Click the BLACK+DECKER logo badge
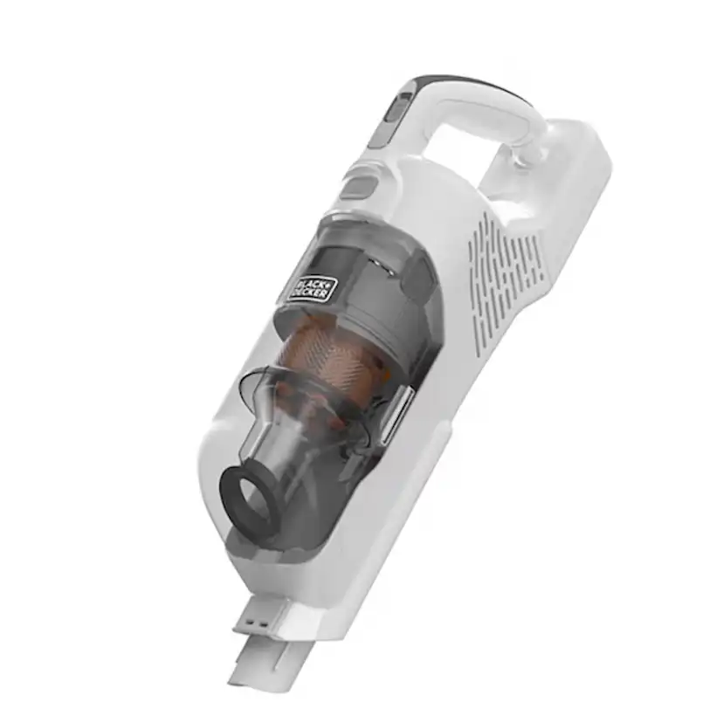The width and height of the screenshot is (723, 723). click(311, 284)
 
